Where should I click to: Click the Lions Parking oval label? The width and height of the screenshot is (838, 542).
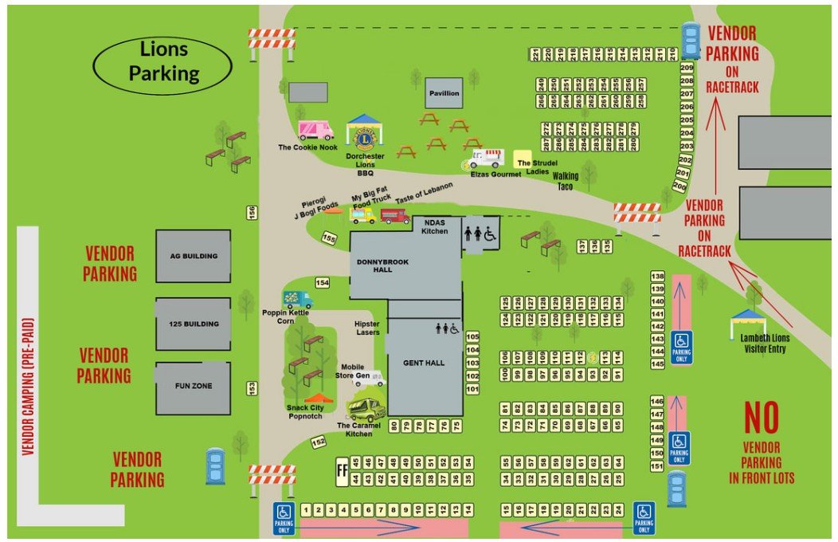point(164,62)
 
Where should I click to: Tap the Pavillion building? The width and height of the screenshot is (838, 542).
point(444,93)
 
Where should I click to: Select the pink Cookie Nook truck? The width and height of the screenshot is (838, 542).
point(315,130)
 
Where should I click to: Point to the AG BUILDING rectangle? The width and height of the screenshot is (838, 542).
point(193,256)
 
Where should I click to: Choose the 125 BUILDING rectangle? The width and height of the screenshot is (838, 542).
point(193,324)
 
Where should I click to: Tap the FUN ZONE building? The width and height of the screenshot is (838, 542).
point(193,388)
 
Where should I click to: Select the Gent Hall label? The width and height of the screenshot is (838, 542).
point(423,363)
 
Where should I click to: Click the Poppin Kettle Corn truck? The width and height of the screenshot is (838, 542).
point(298,300)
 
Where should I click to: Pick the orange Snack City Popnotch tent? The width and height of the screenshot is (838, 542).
point(319,399)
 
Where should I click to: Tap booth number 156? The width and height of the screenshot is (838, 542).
point(253,213)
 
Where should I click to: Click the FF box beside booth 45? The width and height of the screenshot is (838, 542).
point(343,470)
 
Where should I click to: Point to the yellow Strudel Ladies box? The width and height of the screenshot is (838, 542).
point(523,158)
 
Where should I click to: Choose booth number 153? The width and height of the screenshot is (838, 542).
point(252,388)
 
